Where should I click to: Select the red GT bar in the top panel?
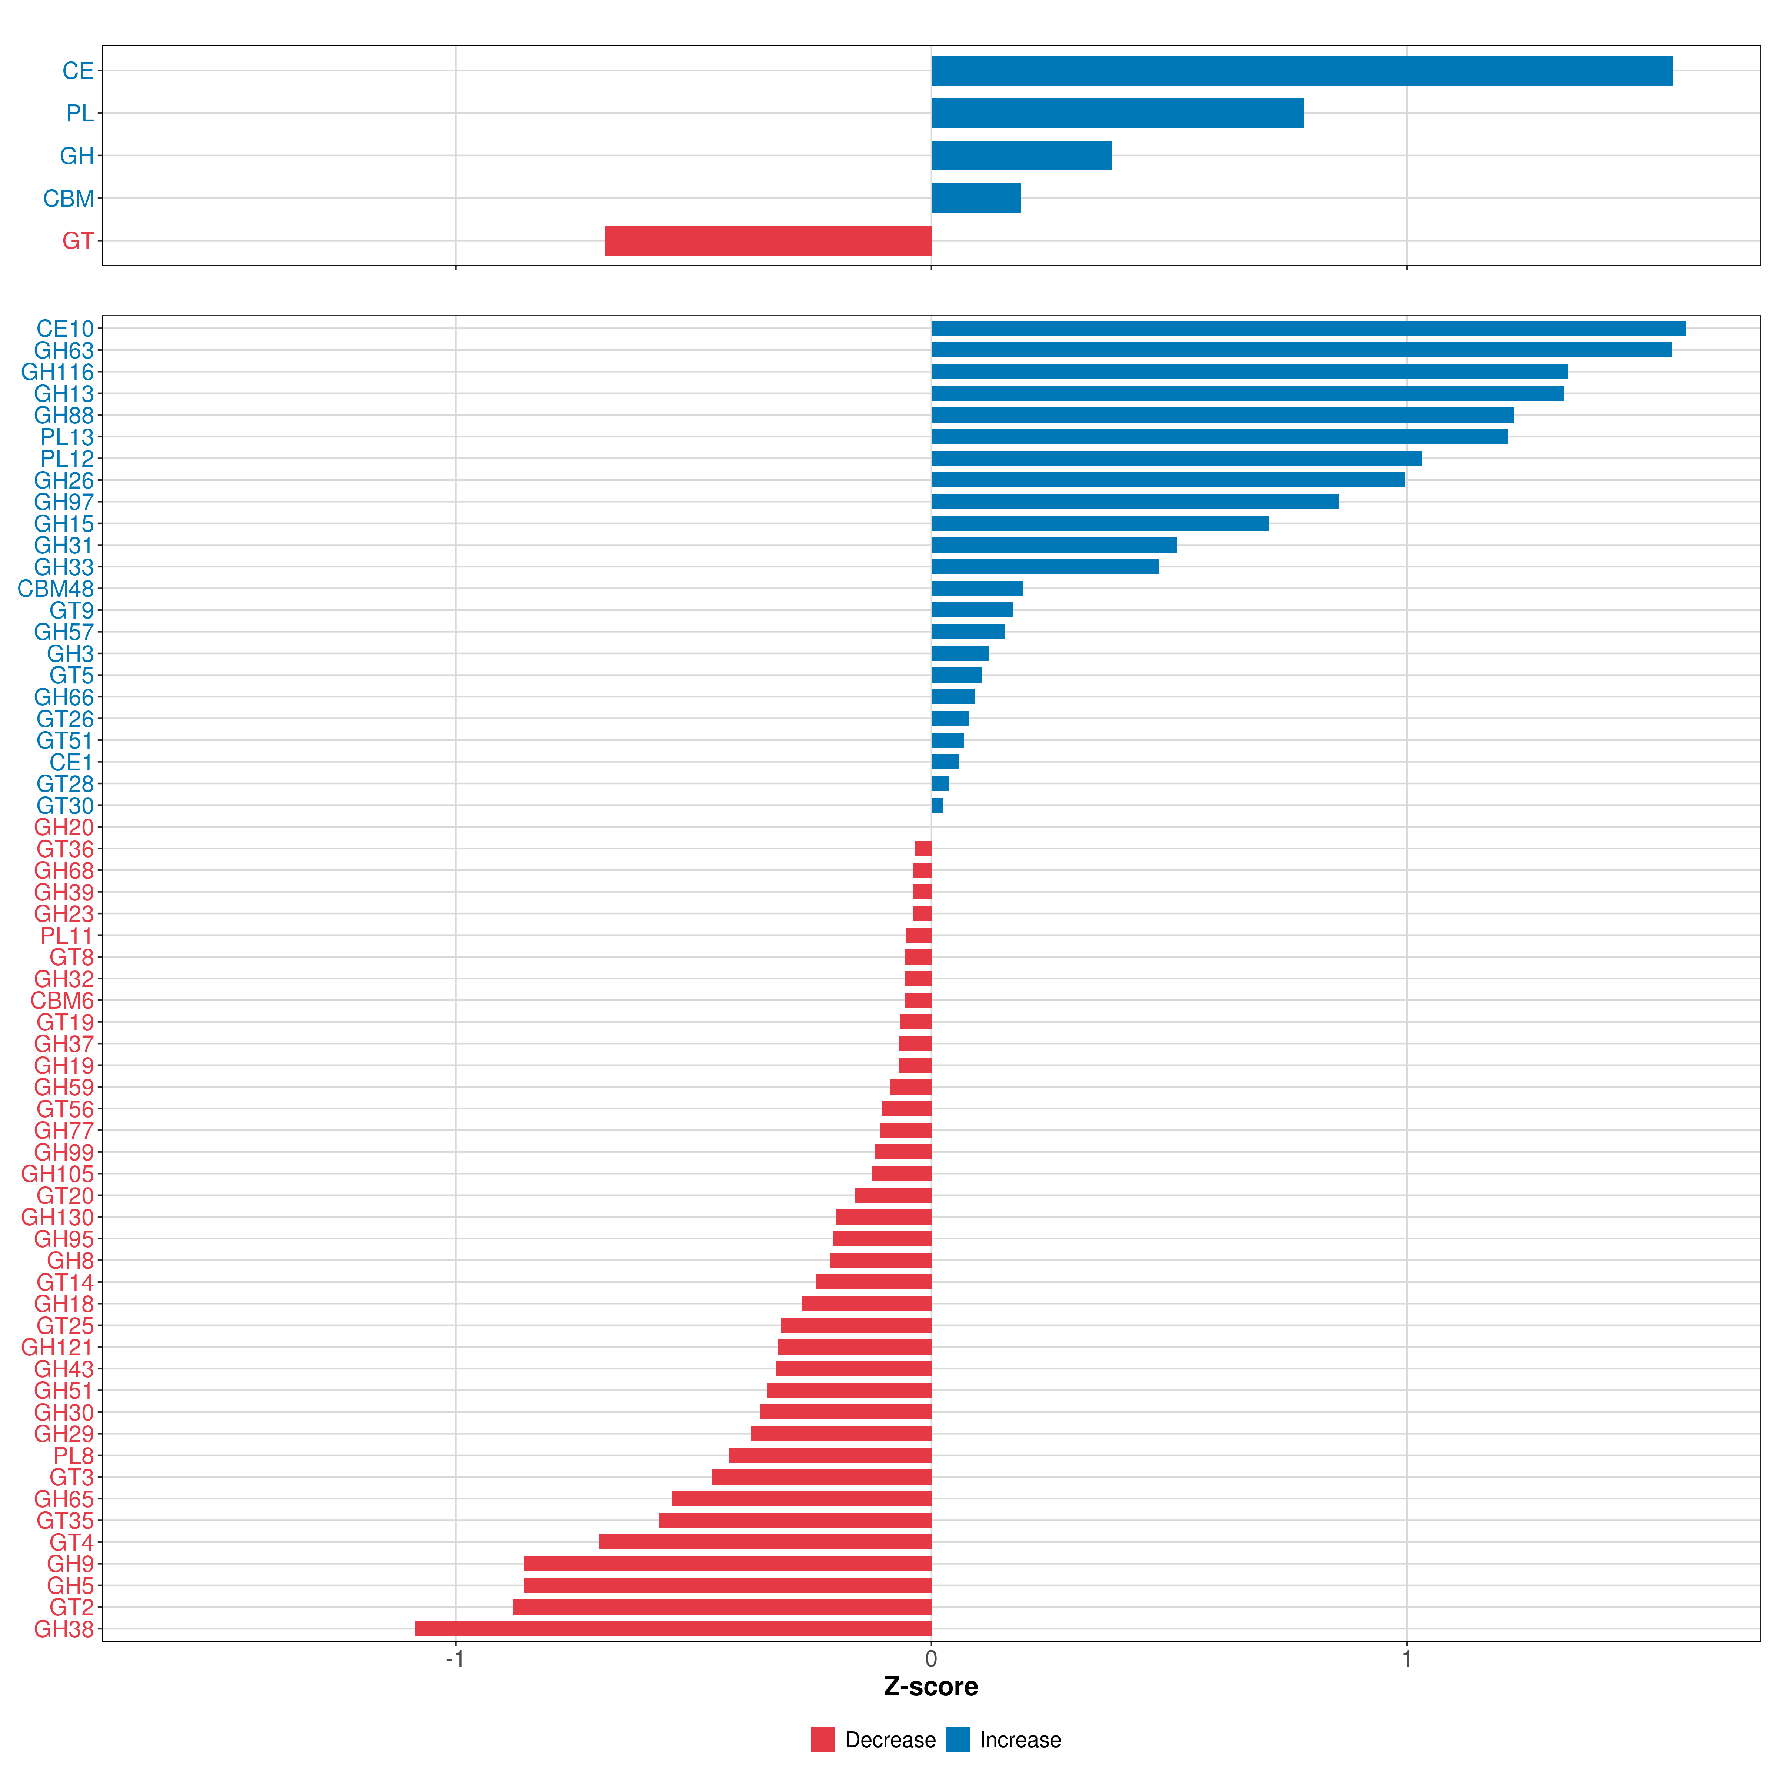769,240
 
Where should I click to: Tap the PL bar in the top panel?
1117,113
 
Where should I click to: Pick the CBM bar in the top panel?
976,198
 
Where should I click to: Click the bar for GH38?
674,1628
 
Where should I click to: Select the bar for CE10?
1309,329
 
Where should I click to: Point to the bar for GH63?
1301,350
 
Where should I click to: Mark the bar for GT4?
766,1541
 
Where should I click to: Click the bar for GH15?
1100,524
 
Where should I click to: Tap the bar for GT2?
722,1607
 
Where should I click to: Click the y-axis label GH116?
58,372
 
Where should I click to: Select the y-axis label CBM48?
56,589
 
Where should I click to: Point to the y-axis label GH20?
64,828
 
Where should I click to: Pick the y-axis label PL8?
74,1455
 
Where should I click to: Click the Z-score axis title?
931,1686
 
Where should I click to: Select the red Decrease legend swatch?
823,1739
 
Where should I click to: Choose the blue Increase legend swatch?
958,1739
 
